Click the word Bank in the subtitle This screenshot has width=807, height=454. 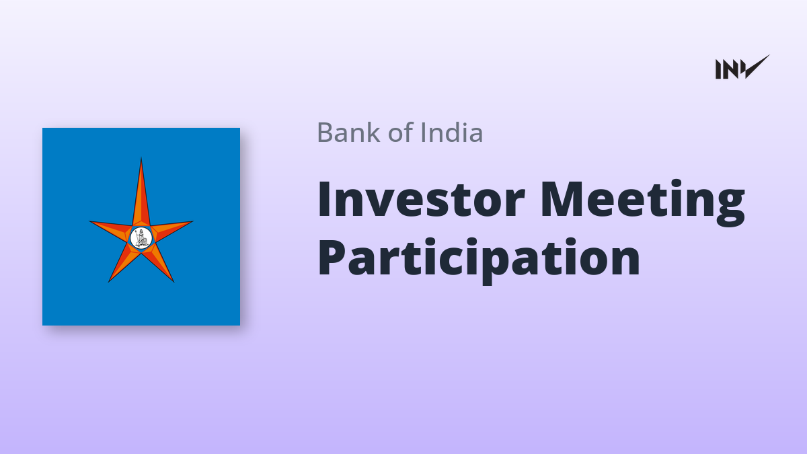[348, 133]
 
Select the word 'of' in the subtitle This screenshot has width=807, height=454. [401, 133]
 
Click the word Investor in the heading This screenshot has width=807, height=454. [421, 199]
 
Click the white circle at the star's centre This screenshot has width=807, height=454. [141, 238]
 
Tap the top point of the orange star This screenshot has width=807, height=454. [141, 158]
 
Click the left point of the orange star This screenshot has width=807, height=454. [89, 221]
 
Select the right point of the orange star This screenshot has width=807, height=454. [193, 221]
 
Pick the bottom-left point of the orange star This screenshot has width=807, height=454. [109, 281]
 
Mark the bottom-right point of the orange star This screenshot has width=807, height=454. [174, 281]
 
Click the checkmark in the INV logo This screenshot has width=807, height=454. [755, 67]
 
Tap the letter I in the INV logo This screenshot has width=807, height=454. [718, 69]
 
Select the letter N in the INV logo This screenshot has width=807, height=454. [730, 69]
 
